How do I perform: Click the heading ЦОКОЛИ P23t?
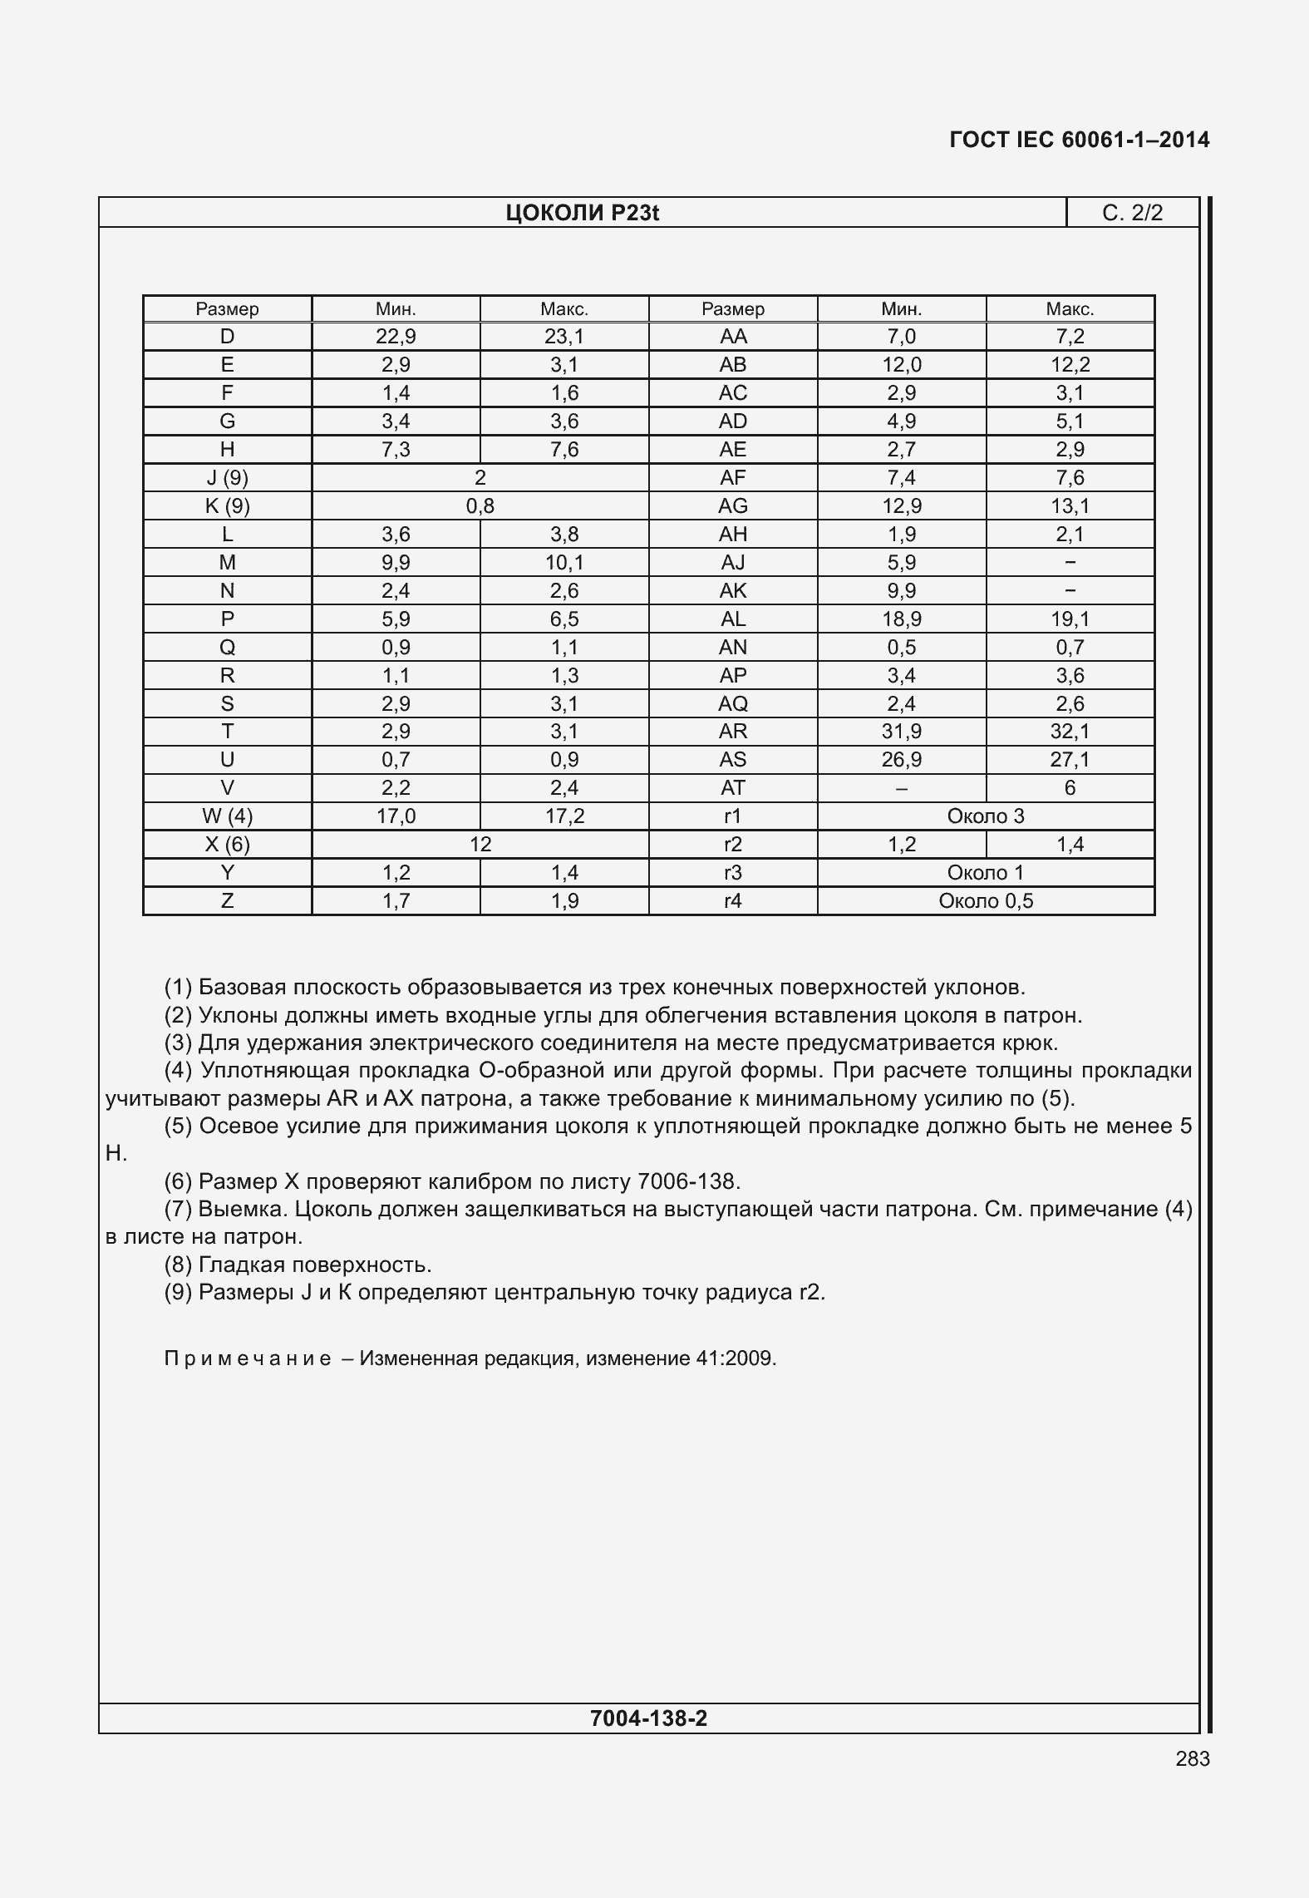point(582,214)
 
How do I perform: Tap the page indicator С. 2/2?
point(1132,214)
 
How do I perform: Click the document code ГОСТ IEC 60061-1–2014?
point(1079,140)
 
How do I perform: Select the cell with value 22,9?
point(396,337)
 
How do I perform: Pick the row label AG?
point(732,506)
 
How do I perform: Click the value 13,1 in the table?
point(1070,506)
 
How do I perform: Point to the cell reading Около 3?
point(986,816)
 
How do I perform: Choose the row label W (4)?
point(227,816)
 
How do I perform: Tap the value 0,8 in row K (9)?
point(480,506)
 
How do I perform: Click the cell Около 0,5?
point(986,901)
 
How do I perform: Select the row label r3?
point(732,873)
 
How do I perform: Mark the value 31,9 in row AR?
point(901,732)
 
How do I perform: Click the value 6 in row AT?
point(1070,788)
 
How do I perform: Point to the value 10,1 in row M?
point(564,563)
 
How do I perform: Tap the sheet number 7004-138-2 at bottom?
point(648,1718)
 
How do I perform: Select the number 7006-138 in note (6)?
point(687,1181)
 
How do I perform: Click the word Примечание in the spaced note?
point(248,1358)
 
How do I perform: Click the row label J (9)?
point(227,478)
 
